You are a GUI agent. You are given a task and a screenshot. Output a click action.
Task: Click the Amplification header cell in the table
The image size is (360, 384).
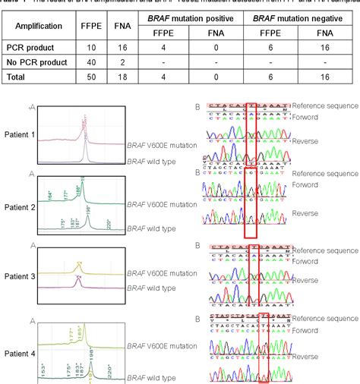point(39,30)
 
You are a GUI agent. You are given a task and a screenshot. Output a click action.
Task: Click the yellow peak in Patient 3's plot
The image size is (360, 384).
point(79,266)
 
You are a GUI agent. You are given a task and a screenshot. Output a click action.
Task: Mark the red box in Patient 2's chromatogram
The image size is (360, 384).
point(252,207)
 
